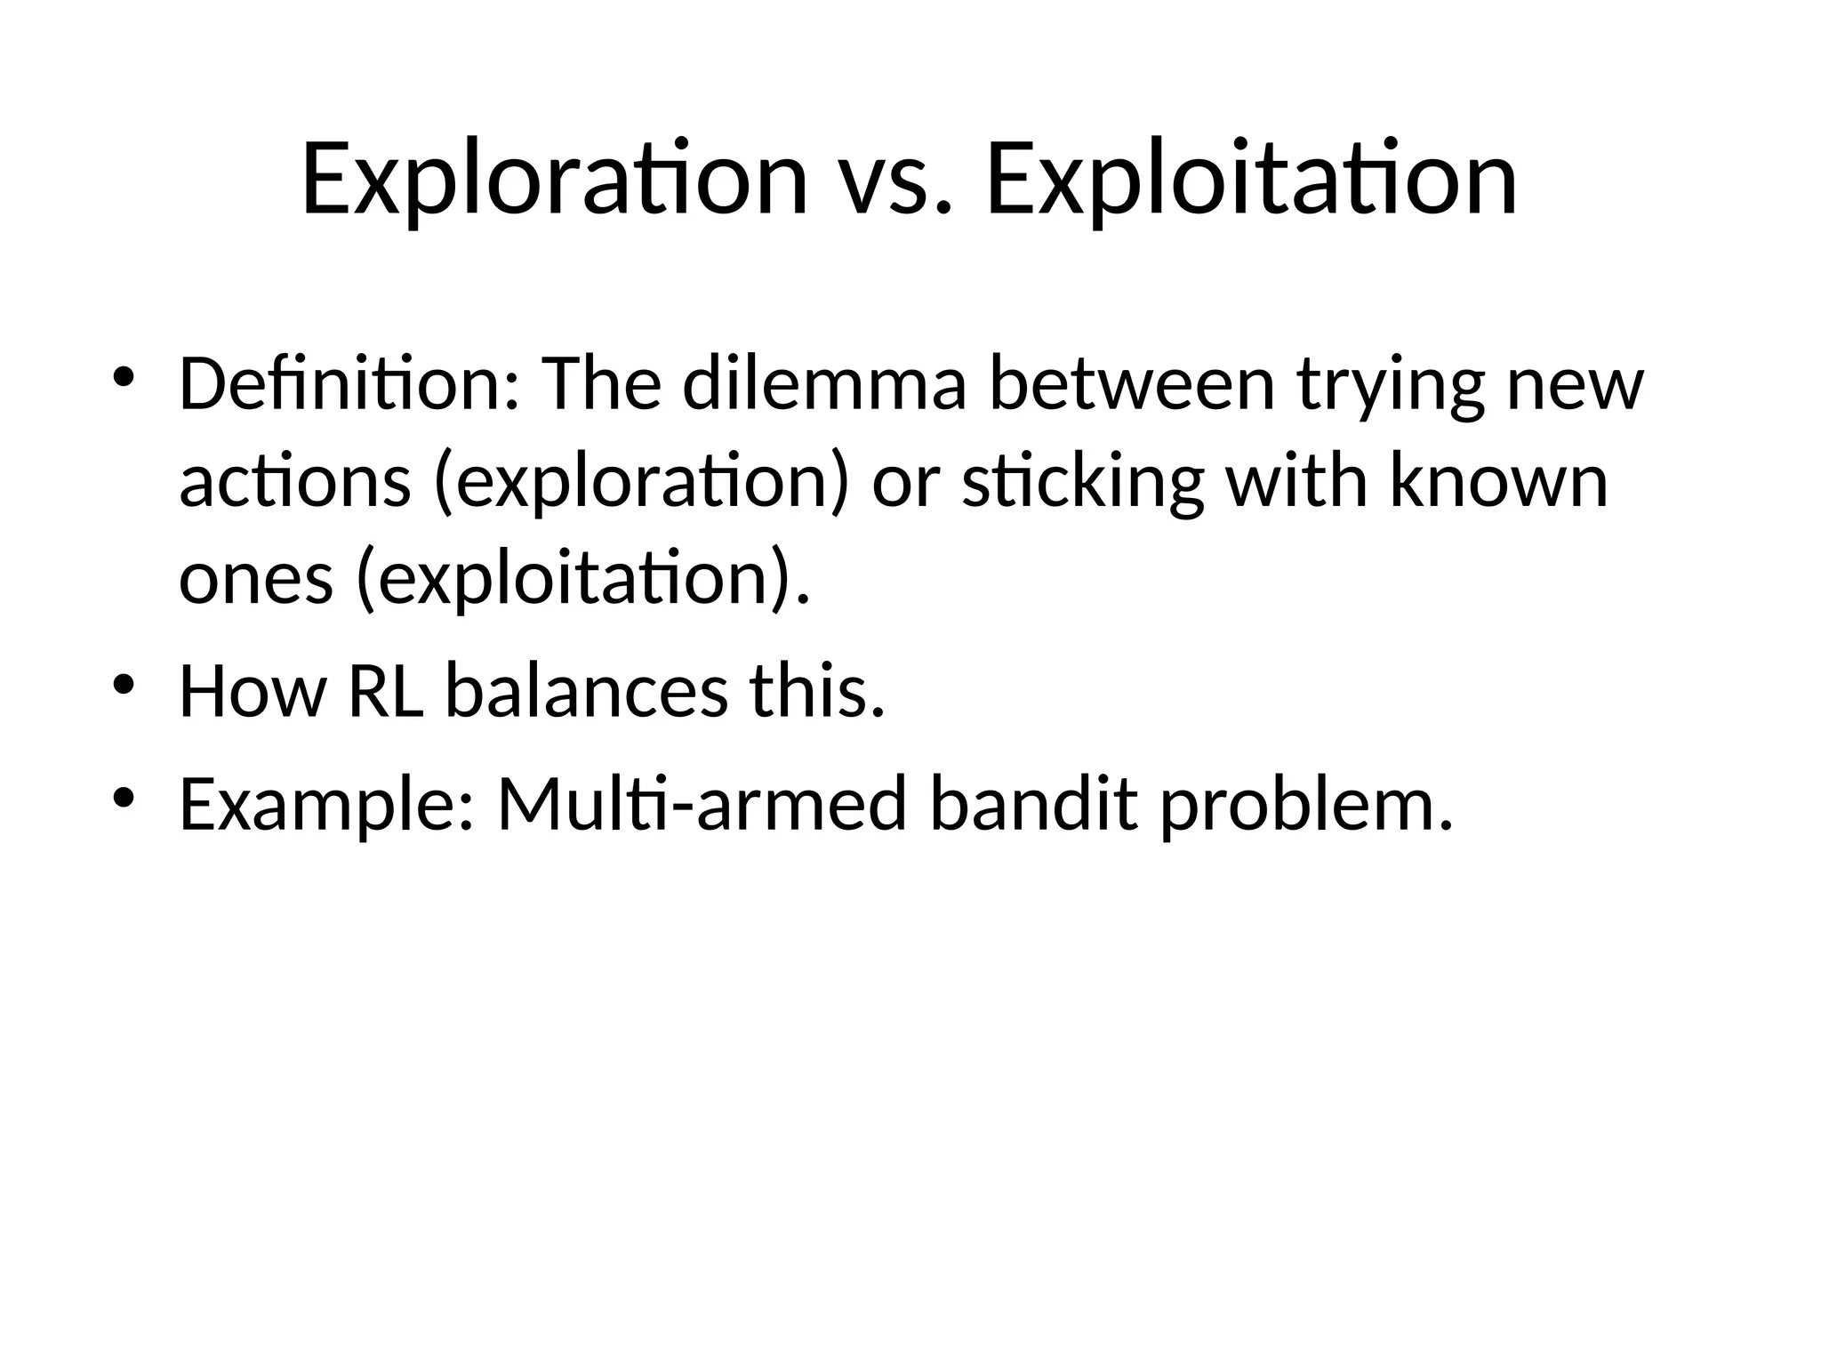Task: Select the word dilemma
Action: click(824, 384)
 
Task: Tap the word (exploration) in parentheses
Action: click(640, 483)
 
